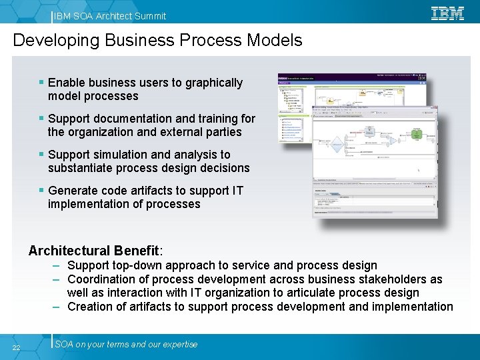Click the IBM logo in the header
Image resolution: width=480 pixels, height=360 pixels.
(447, 13)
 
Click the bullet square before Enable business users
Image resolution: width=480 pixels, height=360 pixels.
(42, 83)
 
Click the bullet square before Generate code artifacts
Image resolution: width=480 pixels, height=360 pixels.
(42, 191)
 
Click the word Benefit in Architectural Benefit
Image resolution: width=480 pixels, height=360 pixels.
(136, 251)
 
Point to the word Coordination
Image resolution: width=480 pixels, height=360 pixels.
(103, 279)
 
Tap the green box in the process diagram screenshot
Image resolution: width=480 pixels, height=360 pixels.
(417, 133)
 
